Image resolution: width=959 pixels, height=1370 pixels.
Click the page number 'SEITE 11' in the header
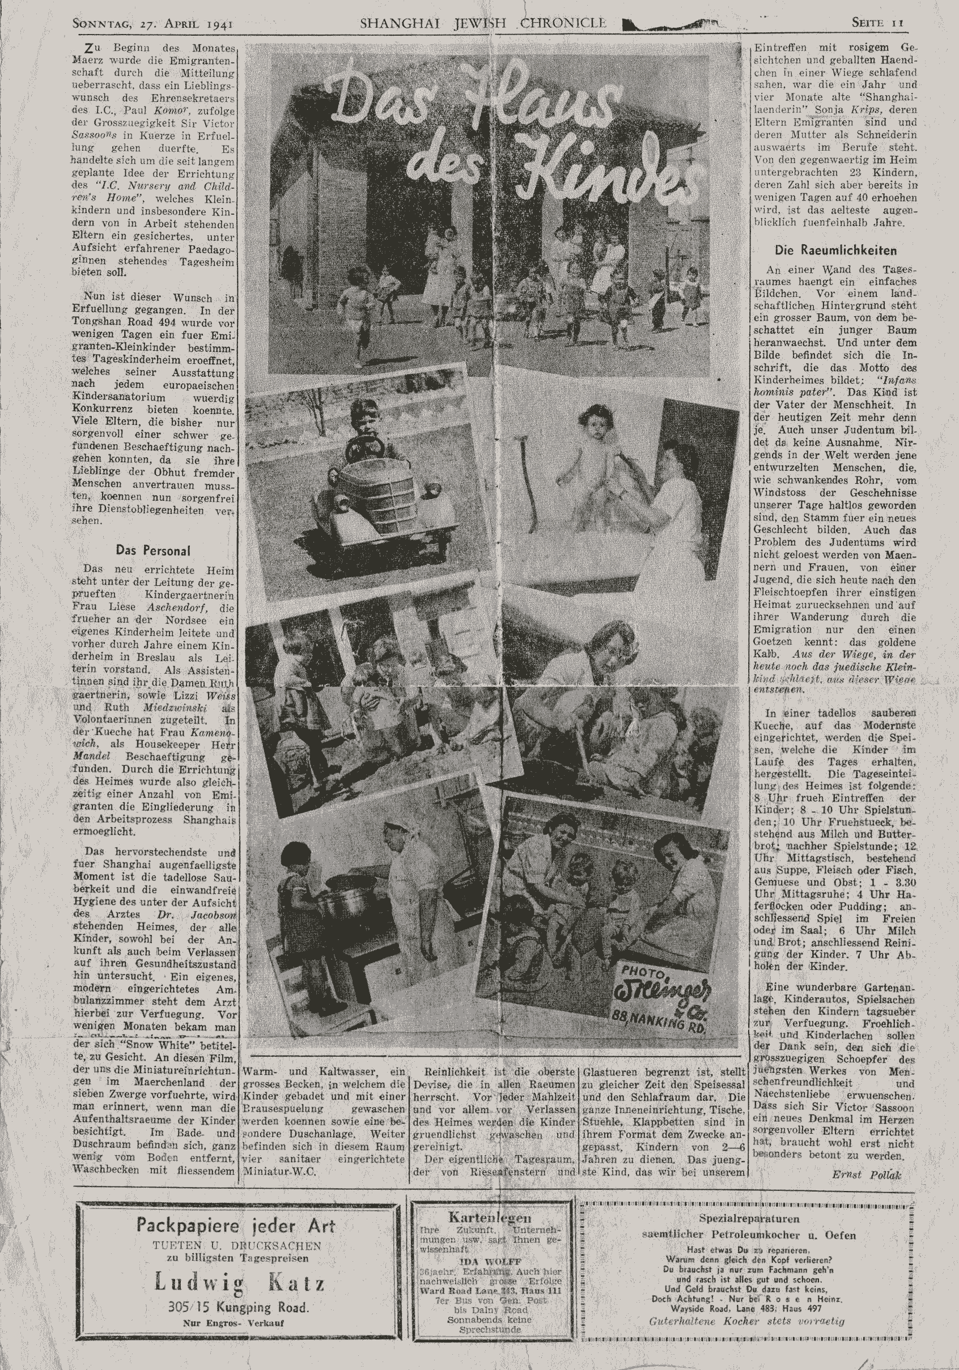[x=877, y=23]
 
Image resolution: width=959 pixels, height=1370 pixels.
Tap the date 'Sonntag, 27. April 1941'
[x=152, y=24]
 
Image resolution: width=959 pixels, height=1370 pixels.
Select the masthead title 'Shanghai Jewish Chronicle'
[x=483, y=23]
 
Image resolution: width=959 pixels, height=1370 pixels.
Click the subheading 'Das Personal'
[x=153, y=550]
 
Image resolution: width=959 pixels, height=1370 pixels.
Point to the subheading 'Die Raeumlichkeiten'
[x=835, y=250]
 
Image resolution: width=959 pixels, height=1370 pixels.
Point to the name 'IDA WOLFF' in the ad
[x=490, y=1261]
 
